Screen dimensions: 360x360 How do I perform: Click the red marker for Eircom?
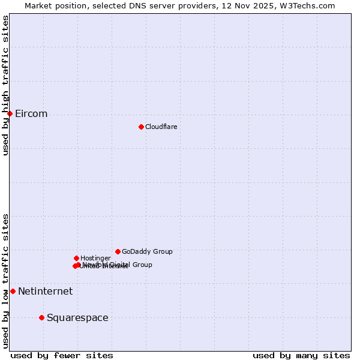tap(10, 113)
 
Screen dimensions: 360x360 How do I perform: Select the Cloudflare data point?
tap(141, 127)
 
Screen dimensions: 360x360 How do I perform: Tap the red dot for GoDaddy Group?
tap(118, 251)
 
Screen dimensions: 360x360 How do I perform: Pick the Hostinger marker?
tap(76, 258)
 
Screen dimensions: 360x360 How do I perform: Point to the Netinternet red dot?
tap(13, 291)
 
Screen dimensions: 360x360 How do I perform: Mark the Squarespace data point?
tap(41, 317)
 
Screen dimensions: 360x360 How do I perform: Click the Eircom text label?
tap(31, 114)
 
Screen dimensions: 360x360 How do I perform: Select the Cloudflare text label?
tap(161, 127)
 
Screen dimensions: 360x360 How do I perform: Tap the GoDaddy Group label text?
tap(147, 252)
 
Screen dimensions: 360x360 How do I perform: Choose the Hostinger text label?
tap(95, 259)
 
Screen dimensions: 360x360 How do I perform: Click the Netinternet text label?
tap(45, 292)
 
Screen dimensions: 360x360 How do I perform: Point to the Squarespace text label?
tap(77, 318)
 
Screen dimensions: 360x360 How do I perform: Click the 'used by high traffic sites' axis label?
tap(5, 85)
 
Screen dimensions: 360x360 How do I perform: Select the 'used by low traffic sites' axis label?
tap(5, 281)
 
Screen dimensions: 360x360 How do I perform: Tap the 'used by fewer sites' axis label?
tap(62, 355)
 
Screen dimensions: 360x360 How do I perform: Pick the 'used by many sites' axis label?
tap(301, 355)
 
